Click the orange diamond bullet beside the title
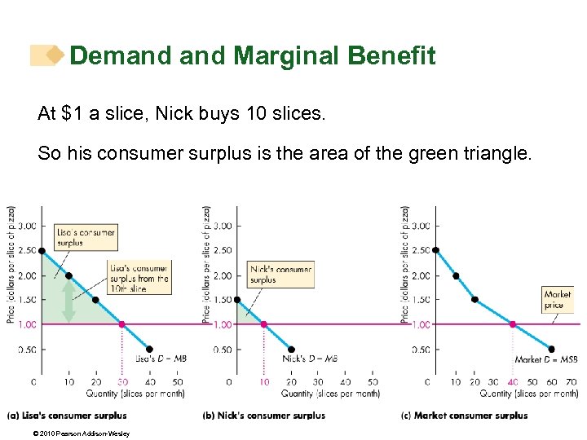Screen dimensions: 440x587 tap(55, 55)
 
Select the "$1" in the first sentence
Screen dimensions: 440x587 tap(72, 113)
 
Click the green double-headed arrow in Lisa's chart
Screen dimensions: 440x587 tap(68, 301)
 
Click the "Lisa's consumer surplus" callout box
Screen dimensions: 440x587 tap(85, 237)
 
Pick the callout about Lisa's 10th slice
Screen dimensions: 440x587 tap(139, 279)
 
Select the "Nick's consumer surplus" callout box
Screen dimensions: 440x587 tap(280, 275)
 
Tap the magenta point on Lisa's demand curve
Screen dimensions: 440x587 tap(122, 324)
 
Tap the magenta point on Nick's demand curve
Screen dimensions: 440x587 tap(263, 324)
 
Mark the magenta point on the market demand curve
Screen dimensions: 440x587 tap(513, 324)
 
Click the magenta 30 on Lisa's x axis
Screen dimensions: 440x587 tap(122, 381)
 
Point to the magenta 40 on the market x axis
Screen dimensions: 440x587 tap(513, 381)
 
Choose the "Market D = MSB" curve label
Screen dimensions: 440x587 tap(545, 359)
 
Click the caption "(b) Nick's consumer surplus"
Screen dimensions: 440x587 tap(263, 416)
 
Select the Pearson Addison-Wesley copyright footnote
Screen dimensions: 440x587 tap(69, 433)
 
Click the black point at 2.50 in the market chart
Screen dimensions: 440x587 tap(435, 250)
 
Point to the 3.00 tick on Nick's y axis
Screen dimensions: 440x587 tap(221, 226)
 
